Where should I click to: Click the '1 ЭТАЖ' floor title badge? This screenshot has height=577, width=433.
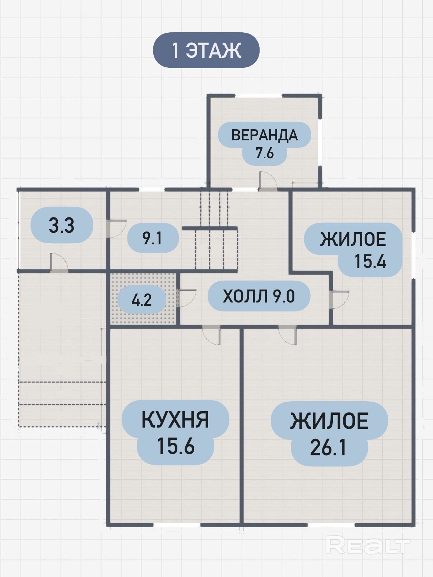click(x=206, y=50)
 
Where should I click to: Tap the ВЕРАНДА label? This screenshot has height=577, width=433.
click(x=265, y=135)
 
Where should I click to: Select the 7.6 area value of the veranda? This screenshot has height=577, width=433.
click(x=265, y=153)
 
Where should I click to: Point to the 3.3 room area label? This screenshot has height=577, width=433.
click(x=62, y=225)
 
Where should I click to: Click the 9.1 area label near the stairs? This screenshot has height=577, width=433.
click(x=152, y=238)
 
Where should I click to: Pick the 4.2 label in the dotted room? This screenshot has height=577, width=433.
click(x=141, y=300)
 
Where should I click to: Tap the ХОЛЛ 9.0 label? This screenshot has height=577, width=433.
click(x=259, y=296)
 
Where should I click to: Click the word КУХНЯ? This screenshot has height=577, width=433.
click(x=175, y=420)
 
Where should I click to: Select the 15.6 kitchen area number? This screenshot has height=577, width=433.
click(x=176, y=446)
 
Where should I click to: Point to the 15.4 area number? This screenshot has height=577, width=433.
click(x=370, y=261)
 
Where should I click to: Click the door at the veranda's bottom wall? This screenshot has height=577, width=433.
click(x=268, y=181)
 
